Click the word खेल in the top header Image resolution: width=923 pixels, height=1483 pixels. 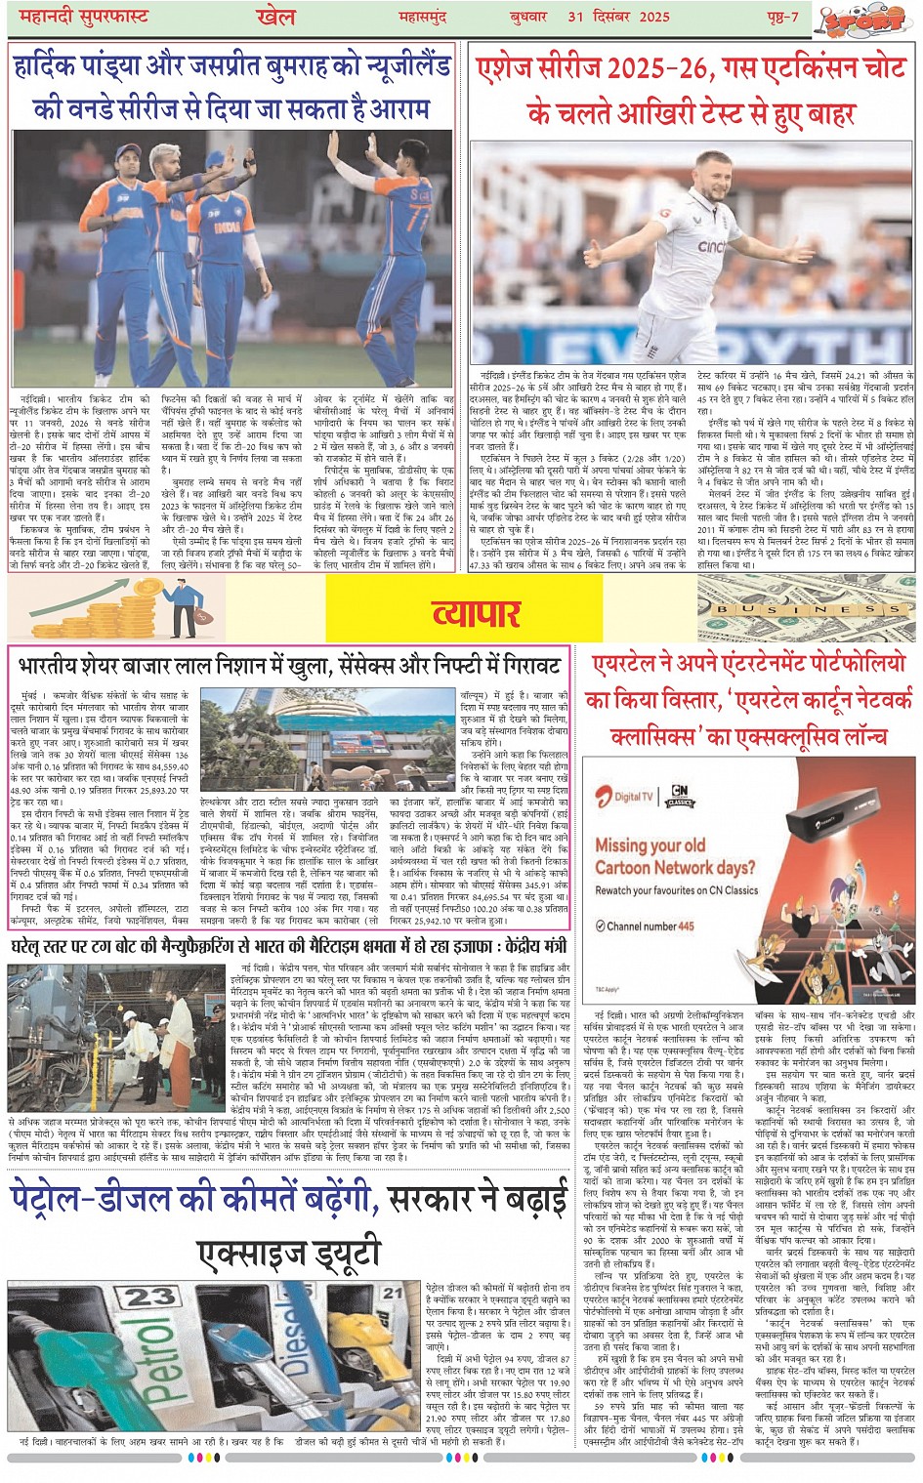coord(268,17)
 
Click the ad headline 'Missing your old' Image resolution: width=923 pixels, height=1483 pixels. coord(650,844)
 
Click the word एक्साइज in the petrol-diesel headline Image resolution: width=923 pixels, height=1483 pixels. coord(259,1251)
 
